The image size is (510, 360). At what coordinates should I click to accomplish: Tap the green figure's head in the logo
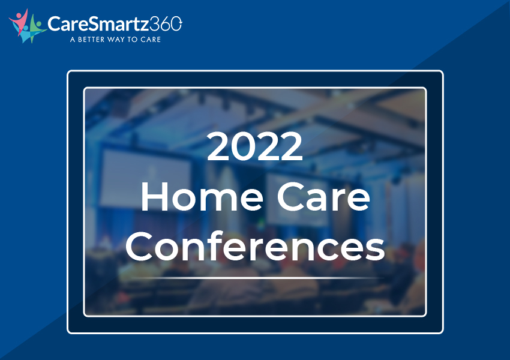pyautogui.click(x=39, y=25)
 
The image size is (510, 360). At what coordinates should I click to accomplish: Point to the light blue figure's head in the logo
pyautogui.click(x=26, y=28)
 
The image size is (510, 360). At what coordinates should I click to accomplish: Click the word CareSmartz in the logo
pyautogui.click(x=98, y=24)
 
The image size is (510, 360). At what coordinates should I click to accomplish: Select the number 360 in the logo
pyautogui.click(x=166, y=24)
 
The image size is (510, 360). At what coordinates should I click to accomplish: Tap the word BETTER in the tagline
pyautogui.click(x=91, y=40)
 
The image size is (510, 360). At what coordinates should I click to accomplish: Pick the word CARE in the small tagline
pyautogui.click(x=151, y=40)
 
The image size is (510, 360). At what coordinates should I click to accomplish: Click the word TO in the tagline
pyautogui.click(x=133, y=40)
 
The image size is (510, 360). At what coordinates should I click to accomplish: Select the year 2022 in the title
pyautogui.click(x=254, y=146)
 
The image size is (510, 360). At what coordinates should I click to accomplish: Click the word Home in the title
pyautogui.click(x=202, y=197)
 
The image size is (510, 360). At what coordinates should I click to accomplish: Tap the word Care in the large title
pyautogui.click(x=323, y=197)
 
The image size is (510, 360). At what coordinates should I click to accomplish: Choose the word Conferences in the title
pyautogui.click(x=256, y=246)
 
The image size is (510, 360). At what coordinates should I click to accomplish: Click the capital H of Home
pyautogui.click(x=154, y=197)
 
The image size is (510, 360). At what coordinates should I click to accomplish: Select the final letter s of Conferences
pyautogui.click(x=376, y=250)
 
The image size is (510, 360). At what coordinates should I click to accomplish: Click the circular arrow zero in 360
pyautogui.click(x=176, y=24)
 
